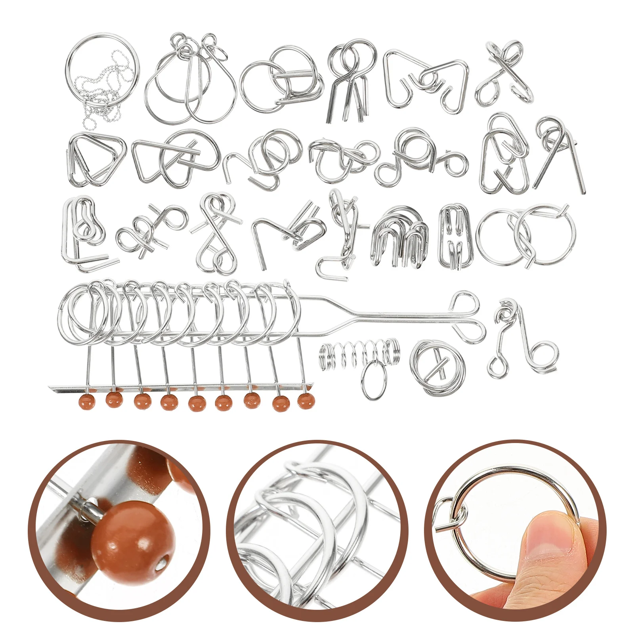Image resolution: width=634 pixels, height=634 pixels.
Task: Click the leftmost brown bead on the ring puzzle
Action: (x=87, y=401)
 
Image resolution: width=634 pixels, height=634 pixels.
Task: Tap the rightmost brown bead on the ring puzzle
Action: (x=306, y=401)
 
